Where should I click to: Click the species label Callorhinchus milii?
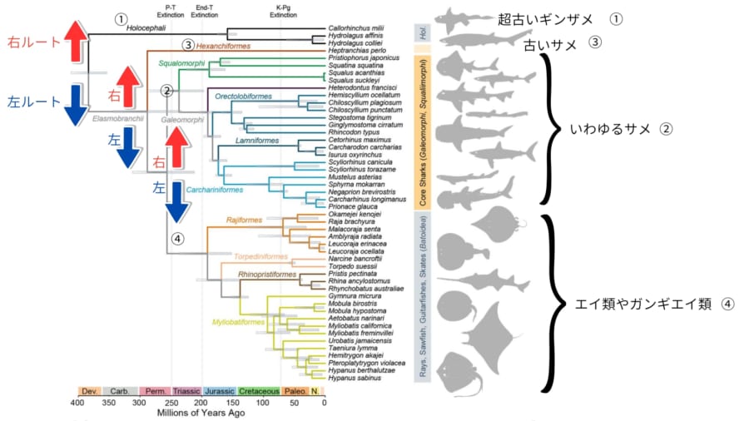(x=362, y=28)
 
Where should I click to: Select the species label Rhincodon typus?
(x=355, y=132)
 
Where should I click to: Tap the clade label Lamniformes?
(x=237, y=141)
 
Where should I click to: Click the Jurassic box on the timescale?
(x=218, y=390)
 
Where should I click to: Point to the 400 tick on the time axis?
(x=77, y=403)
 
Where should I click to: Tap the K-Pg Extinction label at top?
(x=284, y=11)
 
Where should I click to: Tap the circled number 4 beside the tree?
(x=176, y=238)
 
